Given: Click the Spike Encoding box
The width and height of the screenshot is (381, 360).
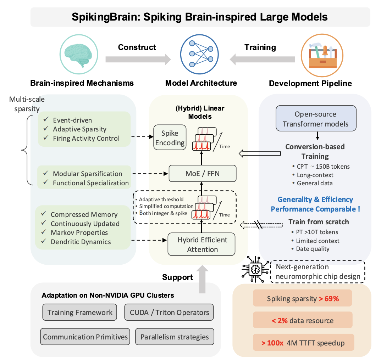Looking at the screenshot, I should tap(170, 138).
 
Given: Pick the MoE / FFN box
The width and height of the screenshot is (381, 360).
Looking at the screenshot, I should tap(202, 173).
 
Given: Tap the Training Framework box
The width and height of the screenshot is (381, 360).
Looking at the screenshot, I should tap(80, 313).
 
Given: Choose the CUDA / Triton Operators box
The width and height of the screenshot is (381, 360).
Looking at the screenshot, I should tap(169, 313).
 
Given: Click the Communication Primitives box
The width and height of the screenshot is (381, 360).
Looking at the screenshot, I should tap(85, 337).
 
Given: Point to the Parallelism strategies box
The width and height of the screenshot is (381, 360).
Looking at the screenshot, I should tap(175, 337).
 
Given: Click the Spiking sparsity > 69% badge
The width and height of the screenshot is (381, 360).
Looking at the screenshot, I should tap(303, 299).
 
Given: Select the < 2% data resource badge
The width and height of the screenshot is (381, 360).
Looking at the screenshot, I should tap(303, 321).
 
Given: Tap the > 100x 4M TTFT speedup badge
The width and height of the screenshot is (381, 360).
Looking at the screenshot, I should tap(303, 343).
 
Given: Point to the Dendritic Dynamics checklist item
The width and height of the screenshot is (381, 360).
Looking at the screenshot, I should tap(81, 242).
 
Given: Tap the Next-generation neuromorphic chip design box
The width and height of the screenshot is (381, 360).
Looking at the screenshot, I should tap(317, 272).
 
